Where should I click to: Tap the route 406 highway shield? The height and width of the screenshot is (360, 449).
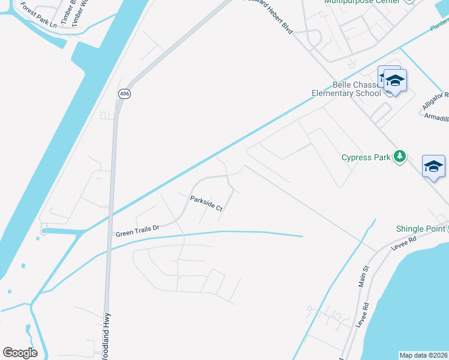click(124, 94)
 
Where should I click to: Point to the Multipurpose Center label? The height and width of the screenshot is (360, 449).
click(362, 2)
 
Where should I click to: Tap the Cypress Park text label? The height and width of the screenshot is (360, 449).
click(366, 158)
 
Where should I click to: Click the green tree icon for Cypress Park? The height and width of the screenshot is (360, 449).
click(399, 157)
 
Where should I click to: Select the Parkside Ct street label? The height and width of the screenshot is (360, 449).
click(206, 204)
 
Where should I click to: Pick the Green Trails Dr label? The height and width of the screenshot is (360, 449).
click(137, 229)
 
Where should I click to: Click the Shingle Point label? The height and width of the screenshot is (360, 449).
click(421, 229)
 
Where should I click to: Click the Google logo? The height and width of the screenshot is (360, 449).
click(20, 352)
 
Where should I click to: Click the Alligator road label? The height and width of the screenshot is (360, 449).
click(435, 100)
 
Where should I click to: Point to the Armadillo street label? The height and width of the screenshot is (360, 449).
click(436, 118)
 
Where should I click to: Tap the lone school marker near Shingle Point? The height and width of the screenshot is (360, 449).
click(433, 166)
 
